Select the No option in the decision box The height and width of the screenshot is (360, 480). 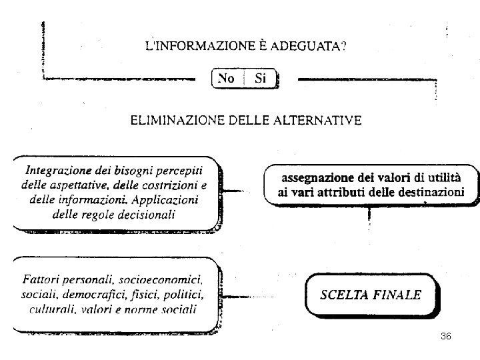pyautogui.click(x=227, y=79)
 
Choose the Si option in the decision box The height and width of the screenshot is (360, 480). pyautogui.click(x=260, y=79)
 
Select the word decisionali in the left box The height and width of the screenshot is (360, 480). pyautogui.click(x=145, y=215)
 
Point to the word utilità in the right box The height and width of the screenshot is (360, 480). pyautogui.click(x=461, y=178)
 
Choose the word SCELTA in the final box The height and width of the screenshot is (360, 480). pyautogui.click(x=346, y=295)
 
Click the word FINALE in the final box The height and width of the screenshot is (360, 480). pyautogui.click(x=399, y=295)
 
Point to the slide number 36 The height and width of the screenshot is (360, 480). pyautogui.click(x=446, y=337)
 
